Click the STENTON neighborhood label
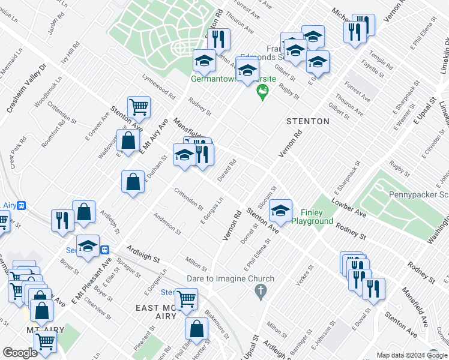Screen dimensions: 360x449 coord(307,121)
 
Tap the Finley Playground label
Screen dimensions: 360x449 coord(312,217)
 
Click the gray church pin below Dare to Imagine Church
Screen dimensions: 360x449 coord(260,292)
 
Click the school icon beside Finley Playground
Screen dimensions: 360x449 coord(280,211)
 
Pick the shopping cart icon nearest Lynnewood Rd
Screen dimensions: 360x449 coord(139,107)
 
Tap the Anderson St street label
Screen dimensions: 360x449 coord(167,223)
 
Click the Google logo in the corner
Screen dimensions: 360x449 coord(20,353)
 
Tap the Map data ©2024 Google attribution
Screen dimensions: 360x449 coord(411,355)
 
